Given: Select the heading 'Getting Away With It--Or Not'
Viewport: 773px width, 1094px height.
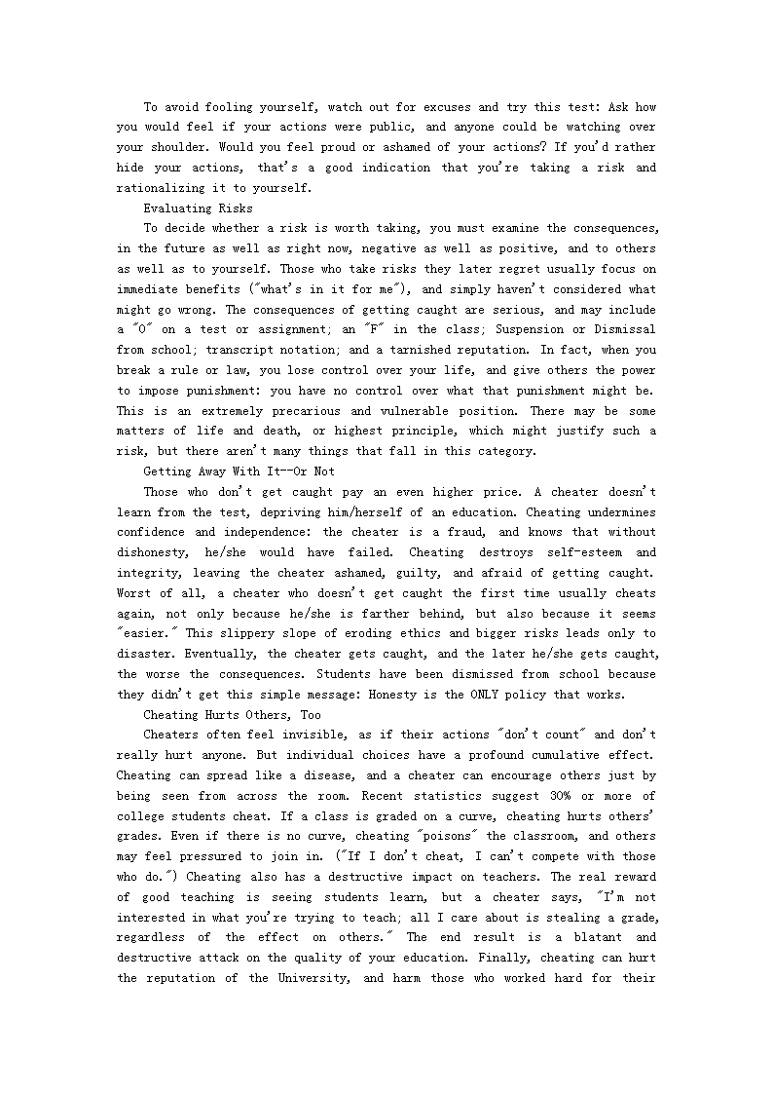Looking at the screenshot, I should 239,472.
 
